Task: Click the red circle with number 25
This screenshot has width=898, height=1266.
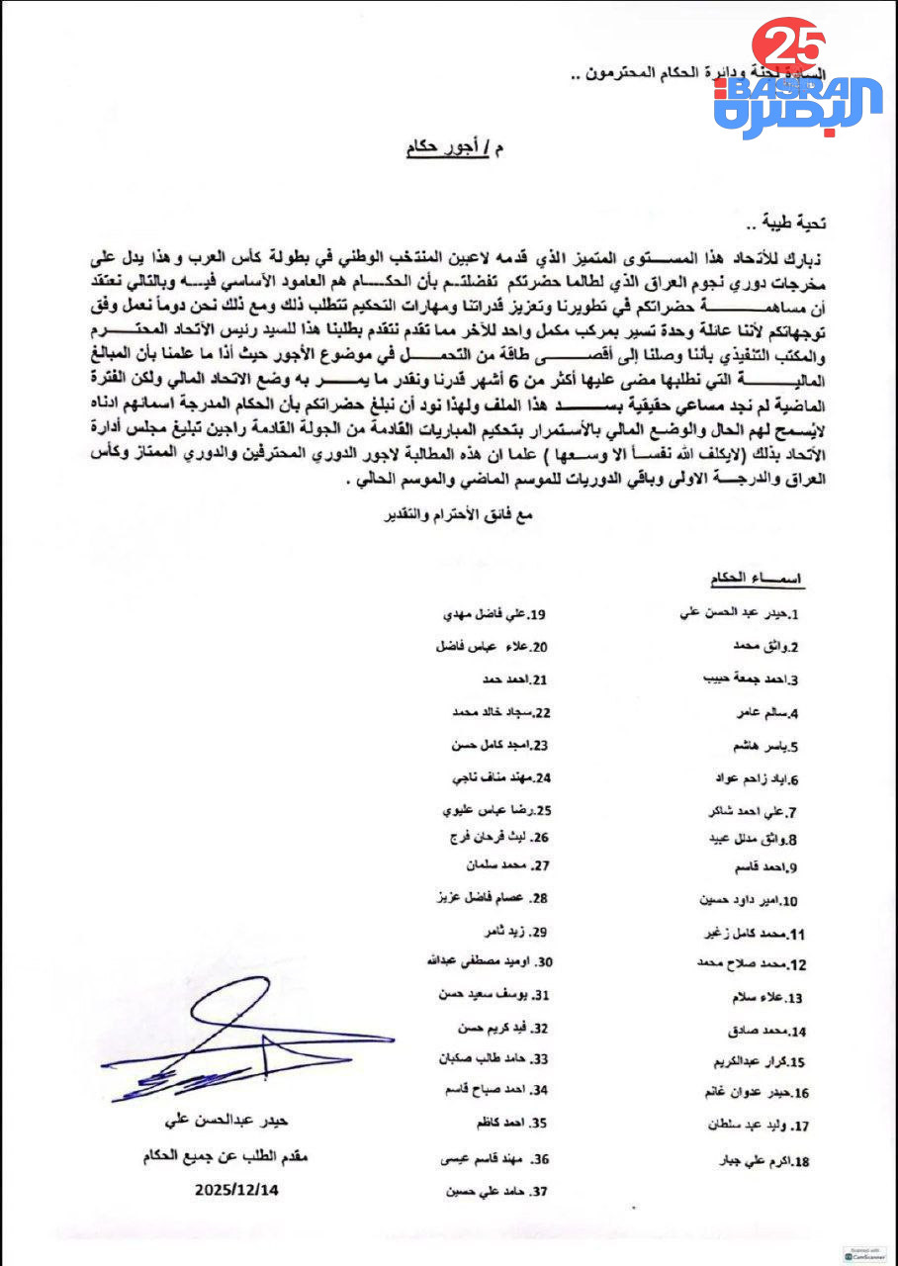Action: (x=788, y=45)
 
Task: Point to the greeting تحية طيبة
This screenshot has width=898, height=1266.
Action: (x=797, y=225)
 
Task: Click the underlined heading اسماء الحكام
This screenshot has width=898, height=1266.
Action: (x=758, y=578)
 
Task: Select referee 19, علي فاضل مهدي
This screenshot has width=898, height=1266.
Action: (x=494, y=614)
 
